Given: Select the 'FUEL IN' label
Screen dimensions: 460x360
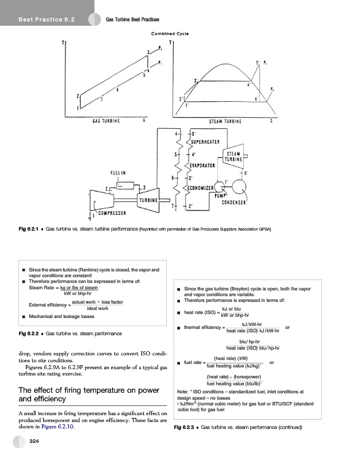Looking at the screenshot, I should pyautogui.click(x=118, y=171).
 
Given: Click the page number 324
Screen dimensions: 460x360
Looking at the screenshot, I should pyautogui.click(x=35, y=442).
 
